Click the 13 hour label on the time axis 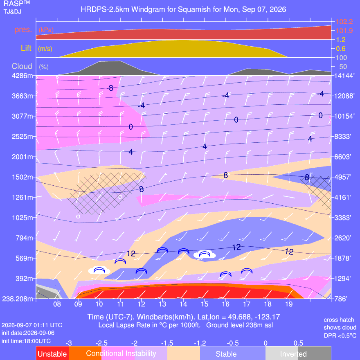coord(162,304)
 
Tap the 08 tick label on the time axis coord(57,304)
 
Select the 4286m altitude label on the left coord(22,76)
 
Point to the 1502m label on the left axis coord(22,177)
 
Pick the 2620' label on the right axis coord(342,238)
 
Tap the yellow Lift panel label coord(26,48)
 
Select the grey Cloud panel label coord(22,66)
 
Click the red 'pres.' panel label coord(23,29)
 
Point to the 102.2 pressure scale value coord(344,22)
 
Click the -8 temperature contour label coord(110,88)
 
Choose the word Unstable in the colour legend coord(52,354)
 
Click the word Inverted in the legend coord(293,354)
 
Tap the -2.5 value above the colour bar coord(101,343)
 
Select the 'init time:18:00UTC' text coord(26,341)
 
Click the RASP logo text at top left coord(16,4)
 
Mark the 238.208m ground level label coord(18,299)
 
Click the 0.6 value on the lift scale coord(341,49)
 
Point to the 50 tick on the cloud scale coord(343,67)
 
